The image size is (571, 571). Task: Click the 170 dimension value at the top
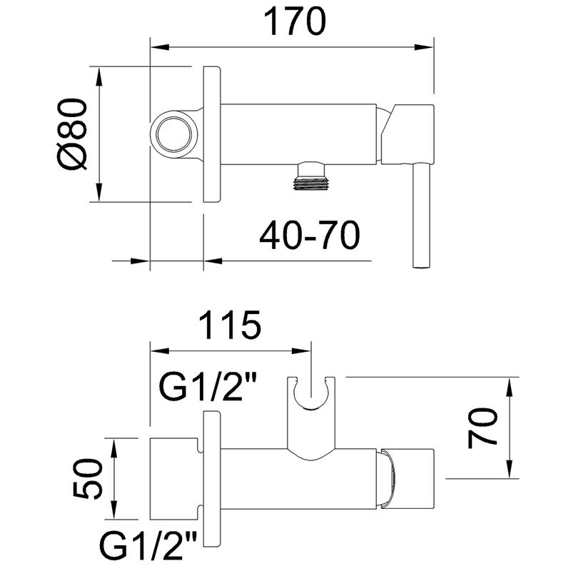coord(295,22)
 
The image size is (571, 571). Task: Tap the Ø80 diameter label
coord(72,134)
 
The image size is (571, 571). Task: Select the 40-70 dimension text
coord(310,235)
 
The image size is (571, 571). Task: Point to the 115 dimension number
coord(230,325)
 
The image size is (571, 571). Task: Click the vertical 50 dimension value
coord(87,478)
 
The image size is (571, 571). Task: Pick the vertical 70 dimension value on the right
coord(482,428)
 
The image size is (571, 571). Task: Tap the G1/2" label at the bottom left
coord(148,546)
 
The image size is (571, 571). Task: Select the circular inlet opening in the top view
coord(173,133)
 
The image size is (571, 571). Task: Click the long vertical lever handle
coord(422,216)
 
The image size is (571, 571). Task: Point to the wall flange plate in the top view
coord(211,134)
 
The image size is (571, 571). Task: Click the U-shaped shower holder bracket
coord(311,419)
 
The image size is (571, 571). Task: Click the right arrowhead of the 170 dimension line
coord(424,47)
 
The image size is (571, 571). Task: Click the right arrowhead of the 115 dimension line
coord(300,351)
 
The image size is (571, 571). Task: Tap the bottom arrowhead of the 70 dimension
coord(509,469)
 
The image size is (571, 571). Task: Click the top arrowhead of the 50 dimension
coord(114,448)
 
